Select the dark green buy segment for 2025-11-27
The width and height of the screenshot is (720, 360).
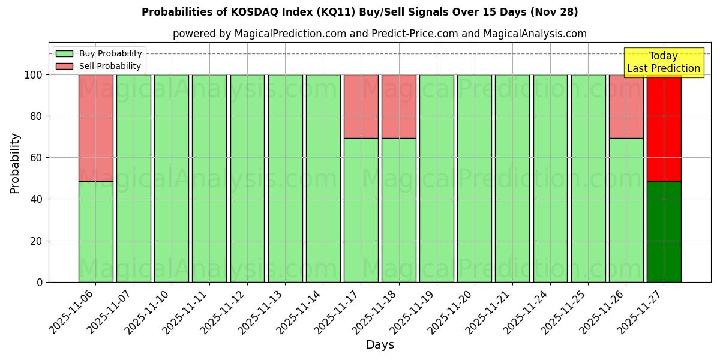pyautogui.click(x=664, y=232)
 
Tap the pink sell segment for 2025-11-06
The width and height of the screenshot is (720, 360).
pyautogui.click(x=95, y=128)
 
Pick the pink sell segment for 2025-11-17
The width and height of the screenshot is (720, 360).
pyautogui.click(x=361, y=106)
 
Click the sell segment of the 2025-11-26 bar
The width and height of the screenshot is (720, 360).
pyautogui.click(x=626, y=106)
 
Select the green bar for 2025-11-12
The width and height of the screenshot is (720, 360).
pyautogui.click(x=247, y=178)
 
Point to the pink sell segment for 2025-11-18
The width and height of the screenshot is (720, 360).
pyautogui.click(x=398, y=106)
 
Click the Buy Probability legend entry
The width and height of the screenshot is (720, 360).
pyautogui.click(x=99, y=53)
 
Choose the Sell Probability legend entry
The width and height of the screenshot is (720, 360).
pyautogui.click(x=99, y=66)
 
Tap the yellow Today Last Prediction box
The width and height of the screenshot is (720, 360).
pyautogui.click(x=663, y=62)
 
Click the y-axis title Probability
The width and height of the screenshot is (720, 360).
pyautogui.click(x=15, y=163)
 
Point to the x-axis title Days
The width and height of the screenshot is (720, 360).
pyautogui.click(x=380, y=345)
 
